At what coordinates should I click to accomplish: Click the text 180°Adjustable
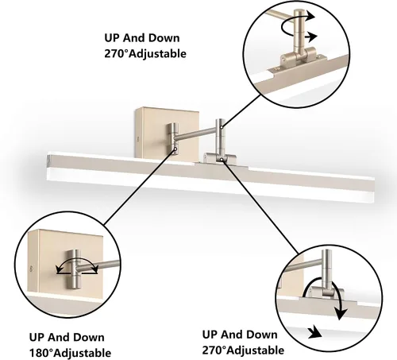70,353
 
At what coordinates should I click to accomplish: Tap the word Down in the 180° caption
88,338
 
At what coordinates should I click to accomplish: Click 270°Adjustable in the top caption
145,53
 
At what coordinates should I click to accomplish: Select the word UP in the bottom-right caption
210,335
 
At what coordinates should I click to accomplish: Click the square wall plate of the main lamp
167,133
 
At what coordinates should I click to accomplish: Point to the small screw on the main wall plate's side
137,138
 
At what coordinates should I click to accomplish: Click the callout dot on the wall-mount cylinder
175,149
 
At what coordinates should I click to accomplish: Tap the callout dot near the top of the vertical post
222,127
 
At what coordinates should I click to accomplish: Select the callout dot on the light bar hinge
221,159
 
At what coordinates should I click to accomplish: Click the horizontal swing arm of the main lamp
196,134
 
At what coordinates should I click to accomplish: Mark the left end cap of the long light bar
49,160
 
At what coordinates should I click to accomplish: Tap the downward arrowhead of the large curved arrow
341,313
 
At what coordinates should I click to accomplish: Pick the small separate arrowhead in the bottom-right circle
315,332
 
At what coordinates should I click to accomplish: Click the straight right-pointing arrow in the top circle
310,37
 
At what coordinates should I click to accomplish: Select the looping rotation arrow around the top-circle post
296,22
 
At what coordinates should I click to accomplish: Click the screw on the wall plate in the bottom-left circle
31,269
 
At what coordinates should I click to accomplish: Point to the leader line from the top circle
241,111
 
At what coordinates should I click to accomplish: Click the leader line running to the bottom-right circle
260,207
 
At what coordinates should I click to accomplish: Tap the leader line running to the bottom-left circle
140,188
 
